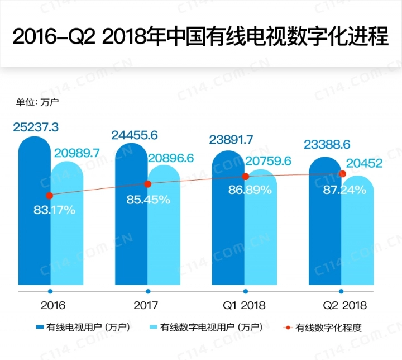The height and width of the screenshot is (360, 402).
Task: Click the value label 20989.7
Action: pos(76,153)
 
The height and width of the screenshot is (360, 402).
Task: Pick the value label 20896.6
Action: pos(171,158)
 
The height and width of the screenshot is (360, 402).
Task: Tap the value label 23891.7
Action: pos(231,139)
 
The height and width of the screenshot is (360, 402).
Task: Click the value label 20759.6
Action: pos(268,161)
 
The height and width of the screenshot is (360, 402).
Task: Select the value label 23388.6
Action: pos(327,145)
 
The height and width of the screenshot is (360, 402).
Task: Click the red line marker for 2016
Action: pos(50,196)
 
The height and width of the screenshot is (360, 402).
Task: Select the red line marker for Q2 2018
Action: pos(343,174)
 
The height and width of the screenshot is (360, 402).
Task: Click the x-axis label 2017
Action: pos(146,305)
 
